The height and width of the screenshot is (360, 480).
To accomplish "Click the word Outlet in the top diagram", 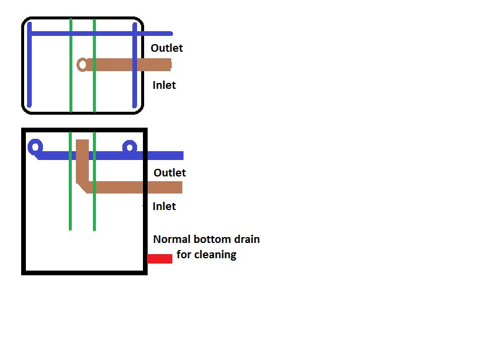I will pyautogui.click(x=167, y=48).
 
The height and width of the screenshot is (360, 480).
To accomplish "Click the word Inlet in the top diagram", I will pyautogui.click(x=164, y=85).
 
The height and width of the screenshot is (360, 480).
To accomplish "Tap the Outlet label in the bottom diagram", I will pyautogui.click(x=169, y=173).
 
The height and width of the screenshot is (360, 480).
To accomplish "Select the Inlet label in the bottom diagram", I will pyautogui.click(x=164, y=206).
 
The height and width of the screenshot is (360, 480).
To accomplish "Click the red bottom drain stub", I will pyautogui.click(x=159, y=259).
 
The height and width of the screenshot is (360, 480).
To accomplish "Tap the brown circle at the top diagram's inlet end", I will pyautogui.click(x=82, y=64).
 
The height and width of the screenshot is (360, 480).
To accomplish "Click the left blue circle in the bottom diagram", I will pyautogui.click(x=36, y=146).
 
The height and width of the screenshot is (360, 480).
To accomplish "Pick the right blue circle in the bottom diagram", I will pyautogui.click(x=129, y=147).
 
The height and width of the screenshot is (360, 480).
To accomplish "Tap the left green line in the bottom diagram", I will pyautogui.click(x=70, y=200).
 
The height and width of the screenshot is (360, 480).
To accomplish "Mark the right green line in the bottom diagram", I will pyautogui.click(x=94, y=206).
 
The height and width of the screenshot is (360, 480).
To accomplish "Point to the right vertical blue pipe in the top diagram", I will pyautogui.click(x=135, y=82).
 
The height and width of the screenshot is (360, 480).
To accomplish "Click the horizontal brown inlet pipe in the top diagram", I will pyautogui.click(x=129, y=64).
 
